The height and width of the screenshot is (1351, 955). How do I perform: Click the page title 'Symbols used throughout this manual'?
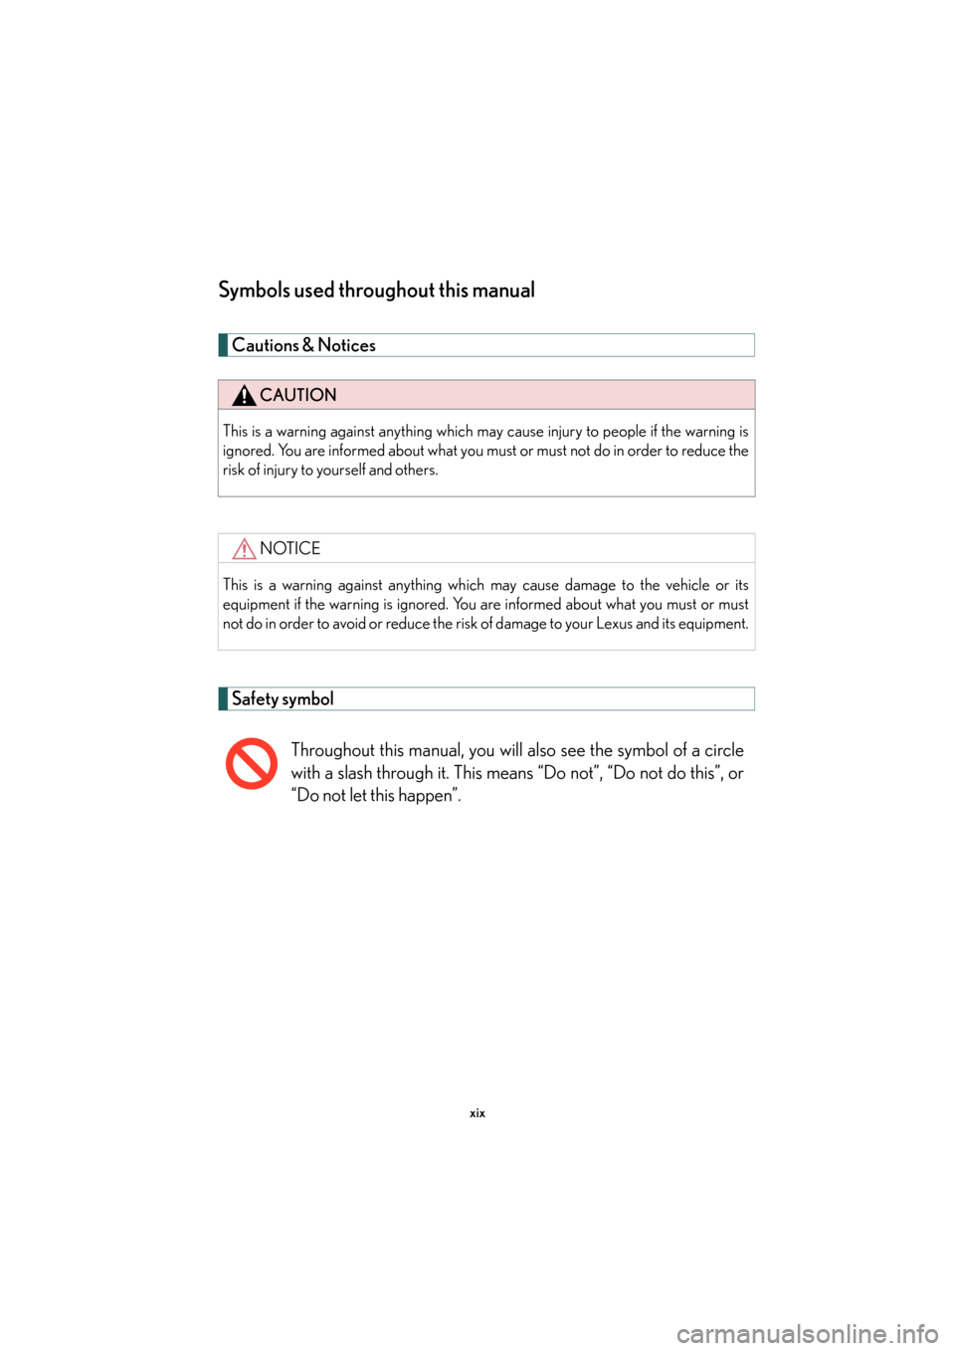[x=376, y=290]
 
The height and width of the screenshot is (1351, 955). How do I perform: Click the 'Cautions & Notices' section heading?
[x=303, y=345]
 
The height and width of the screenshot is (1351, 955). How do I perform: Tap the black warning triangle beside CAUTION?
[x=244, y=396]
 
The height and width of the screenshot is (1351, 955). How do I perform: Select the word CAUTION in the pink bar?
[x=297, y=395]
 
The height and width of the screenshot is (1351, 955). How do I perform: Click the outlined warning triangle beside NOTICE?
[x=244, y=549]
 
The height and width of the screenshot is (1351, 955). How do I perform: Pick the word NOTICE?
[x=289, y=548]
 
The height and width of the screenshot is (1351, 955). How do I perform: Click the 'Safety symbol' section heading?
[x=283, y=698]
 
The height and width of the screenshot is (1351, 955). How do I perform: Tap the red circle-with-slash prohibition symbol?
[x=251, y=764]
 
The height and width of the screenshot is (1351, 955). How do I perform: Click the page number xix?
[x=477, y=1113]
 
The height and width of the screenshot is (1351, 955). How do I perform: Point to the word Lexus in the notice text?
[x=614, y=624]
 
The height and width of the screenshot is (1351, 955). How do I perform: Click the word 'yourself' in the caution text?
[x=341, y=470]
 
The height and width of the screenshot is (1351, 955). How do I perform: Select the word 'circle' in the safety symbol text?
[x=724, y=750]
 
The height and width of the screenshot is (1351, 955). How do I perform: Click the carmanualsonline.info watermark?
[x=807, y=1333]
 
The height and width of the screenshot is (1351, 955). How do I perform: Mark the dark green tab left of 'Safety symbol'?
[x=223, y=698]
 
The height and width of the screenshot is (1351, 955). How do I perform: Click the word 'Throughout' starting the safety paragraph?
[x=332, y=750]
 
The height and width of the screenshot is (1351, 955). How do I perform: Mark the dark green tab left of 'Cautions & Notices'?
[x=223, y=345]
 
